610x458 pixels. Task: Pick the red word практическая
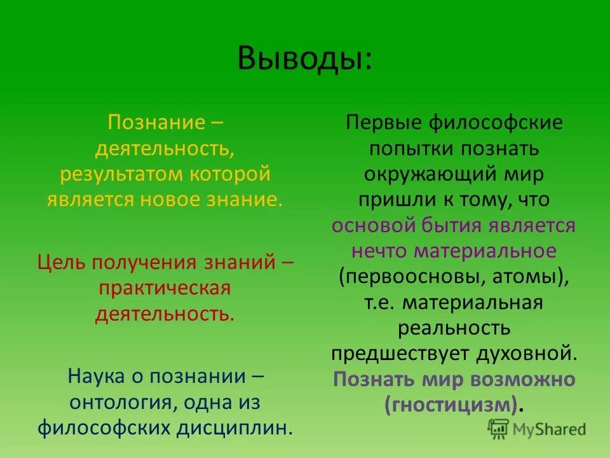point(164,288)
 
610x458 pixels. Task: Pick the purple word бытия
point(456,226)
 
